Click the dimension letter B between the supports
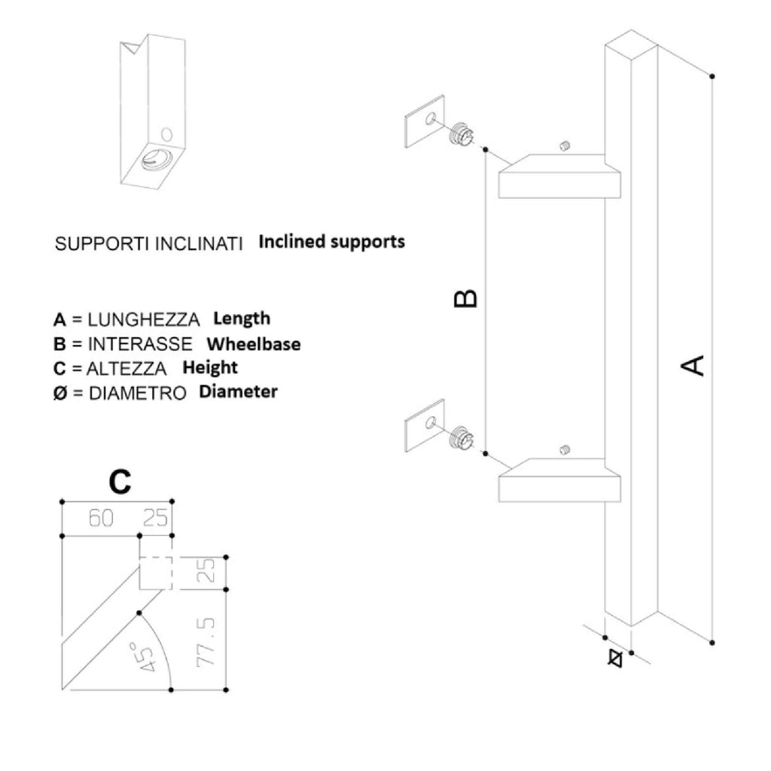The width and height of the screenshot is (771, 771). pyautogui.click(x=466, y=299)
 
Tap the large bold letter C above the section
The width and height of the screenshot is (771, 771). pyautogui.click(x=120, y=482)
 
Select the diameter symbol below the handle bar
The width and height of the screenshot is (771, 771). pyautogui.click(x=614, y=657)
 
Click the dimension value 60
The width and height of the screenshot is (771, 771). pyautogui.click(x=102, y=519)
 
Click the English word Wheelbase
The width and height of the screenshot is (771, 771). pyautogui.click(x=254, y=344)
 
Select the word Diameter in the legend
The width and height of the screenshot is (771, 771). pyautogui.click(x=238, y=392)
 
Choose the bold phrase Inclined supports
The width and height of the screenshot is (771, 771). pyautogui.click(x=331, y=242)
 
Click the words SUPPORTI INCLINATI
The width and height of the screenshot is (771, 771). pyautogui.click(x=149, y=245)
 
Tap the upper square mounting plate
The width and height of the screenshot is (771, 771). pyautogui.click(x=425, y=120)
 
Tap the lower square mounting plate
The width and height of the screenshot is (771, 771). pyautogui.click(x=425, y=425)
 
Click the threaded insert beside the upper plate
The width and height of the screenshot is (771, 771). pyautogui.click(x=461, y=135)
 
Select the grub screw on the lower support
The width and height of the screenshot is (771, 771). pyautogui.click(x=565, y=451)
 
